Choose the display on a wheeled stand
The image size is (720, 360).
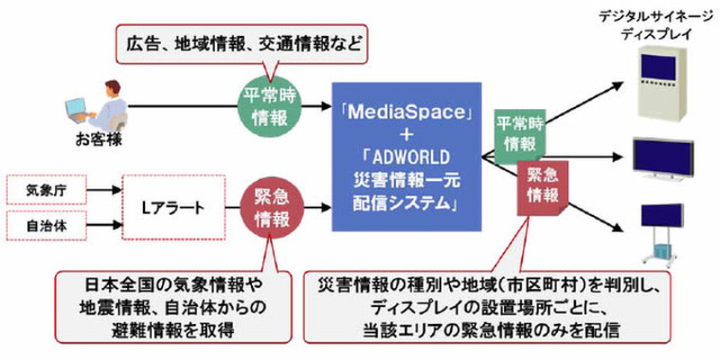click(x=663, y=230)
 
